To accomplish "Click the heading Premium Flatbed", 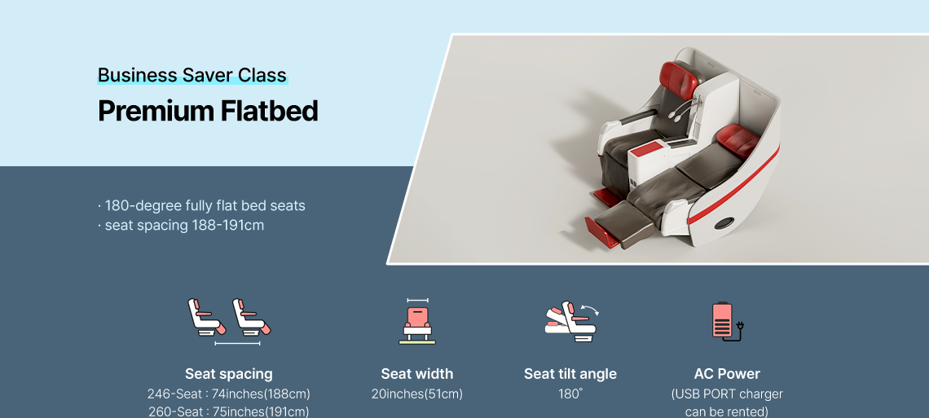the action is [208, 112].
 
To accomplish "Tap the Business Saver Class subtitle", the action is [192, 75].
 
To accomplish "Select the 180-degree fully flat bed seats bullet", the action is [201, 205].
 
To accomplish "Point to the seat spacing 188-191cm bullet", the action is [181, 226].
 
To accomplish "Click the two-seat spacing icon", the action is [229, 322].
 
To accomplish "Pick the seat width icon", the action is [417, 322].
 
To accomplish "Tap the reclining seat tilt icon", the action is [572, 321].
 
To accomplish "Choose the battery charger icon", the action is [727, 322].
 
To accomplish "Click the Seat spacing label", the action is [229, 374].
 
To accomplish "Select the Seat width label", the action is [417, 374].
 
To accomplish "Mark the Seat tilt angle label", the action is [570, 374].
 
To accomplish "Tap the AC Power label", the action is [727, 374].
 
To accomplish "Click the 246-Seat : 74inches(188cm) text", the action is [229, 394].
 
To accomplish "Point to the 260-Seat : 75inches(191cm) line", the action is [229, 411].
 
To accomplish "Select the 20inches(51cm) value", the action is [417, 394].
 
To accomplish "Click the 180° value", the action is [570, 394].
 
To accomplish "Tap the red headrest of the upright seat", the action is [679, 79].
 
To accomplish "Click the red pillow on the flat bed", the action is [738, 140].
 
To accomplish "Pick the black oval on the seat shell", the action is [724, 223].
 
